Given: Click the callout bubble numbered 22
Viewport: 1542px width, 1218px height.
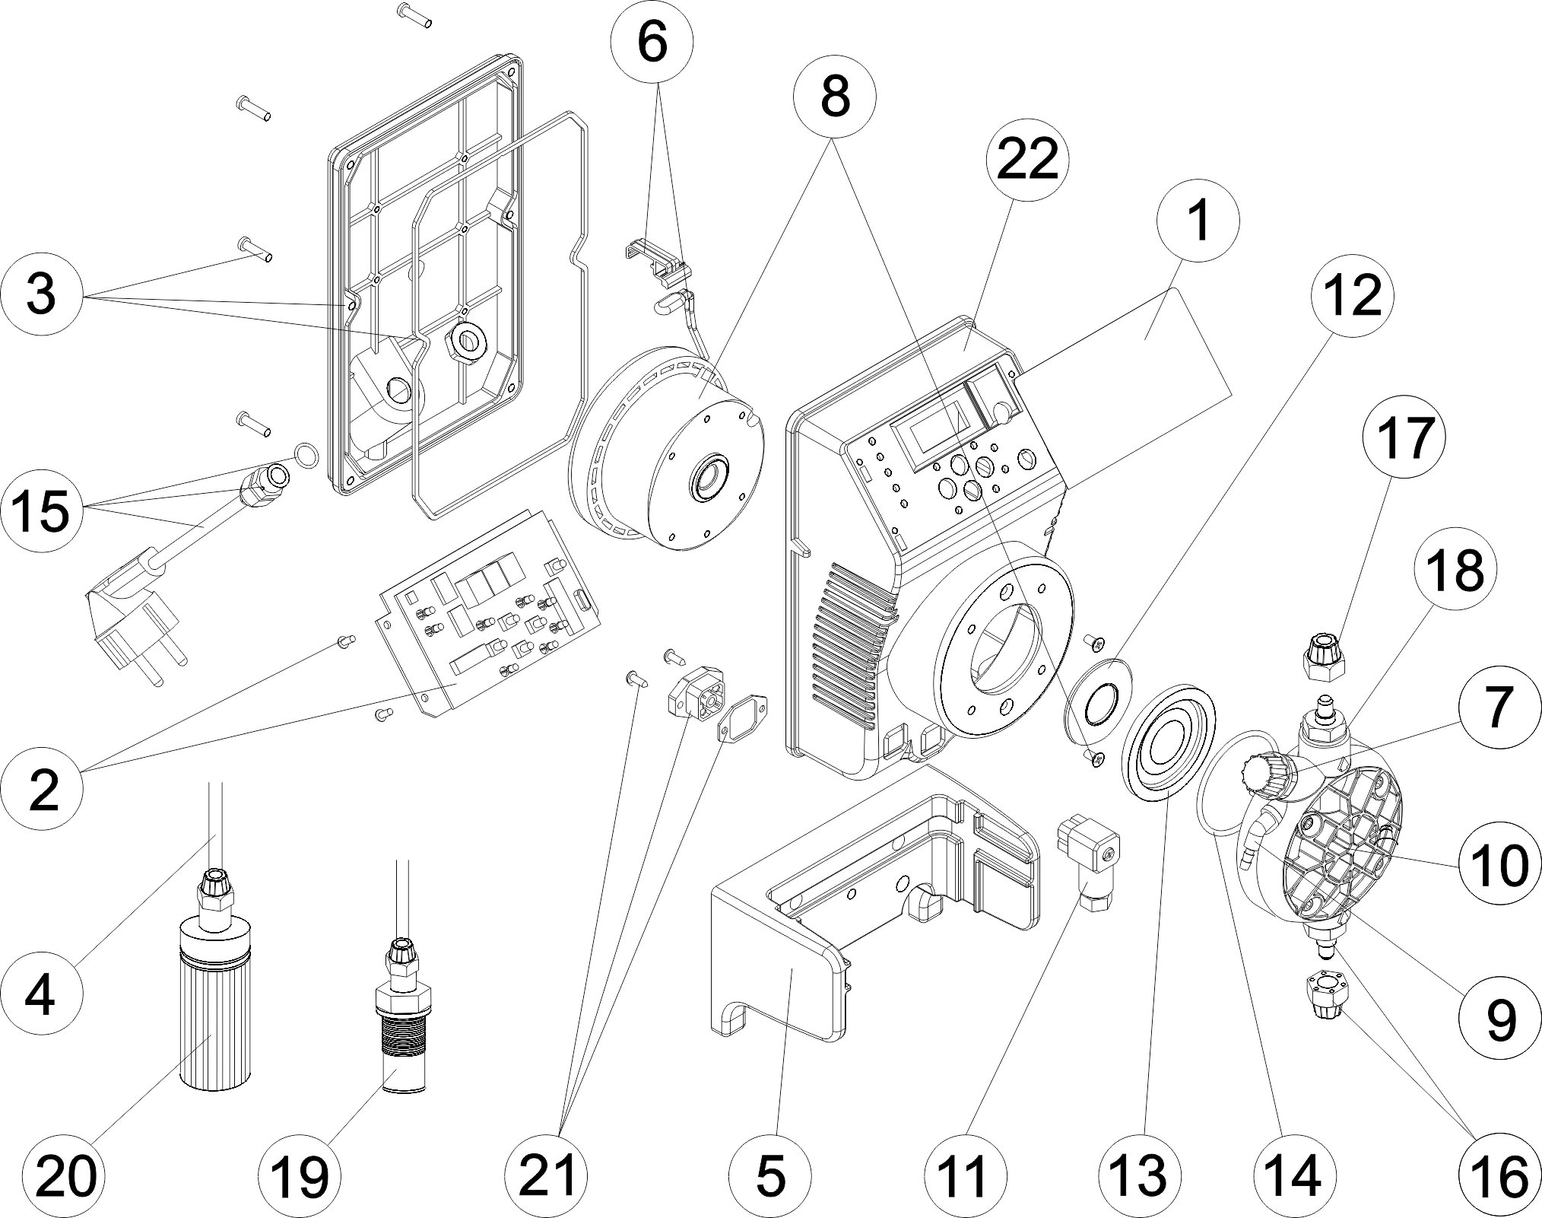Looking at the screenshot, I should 1027,162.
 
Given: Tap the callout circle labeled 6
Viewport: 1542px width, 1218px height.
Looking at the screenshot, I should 652,43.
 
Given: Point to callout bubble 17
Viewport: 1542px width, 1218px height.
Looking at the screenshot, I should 1404,439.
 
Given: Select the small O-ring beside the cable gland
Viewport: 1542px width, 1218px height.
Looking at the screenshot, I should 305,456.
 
